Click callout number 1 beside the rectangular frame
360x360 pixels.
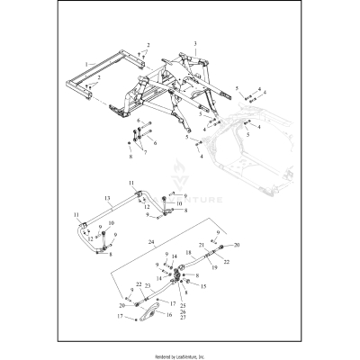click(x=86, y=64)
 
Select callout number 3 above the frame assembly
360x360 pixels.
click(x=193, y=43)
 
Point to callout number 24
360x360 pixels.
click(x=152, y=243)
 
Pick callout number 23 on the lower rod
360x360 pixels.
click(x=148, y=285)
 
